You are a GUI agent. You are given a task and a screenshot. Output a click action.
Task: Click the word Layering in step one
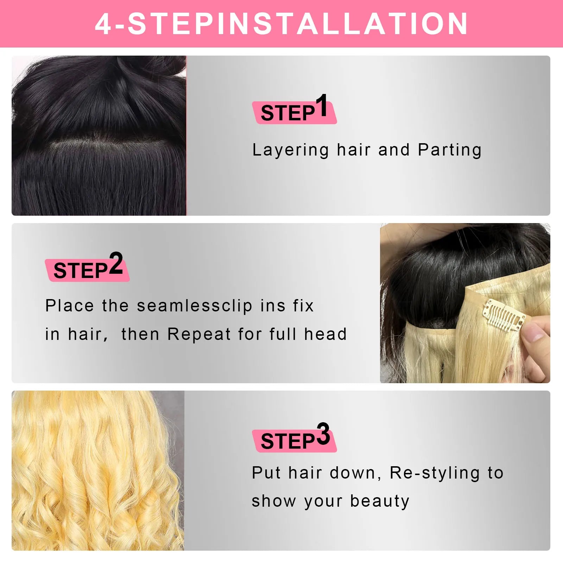coord(291,150)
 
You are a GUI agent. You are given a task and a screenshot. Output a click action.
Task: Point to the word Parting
coord(450,150)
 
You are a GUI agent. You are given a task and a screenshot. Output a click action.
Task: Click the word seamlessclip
coord(195,306)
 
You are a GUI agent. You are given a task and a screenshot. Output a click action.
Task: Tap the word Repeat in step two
coord(199,334)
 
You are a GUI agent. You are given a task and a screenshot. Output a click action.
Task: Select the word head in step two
coord(325,334)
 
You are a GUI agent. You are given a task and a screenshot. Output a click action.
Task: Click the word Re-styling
coord(435,473)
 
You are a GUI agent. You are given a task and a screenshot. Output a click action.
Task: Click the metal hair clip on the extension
coord(504,315)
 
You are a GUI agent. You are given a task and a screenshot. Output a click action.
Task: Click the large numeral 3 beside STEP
coord(323,434)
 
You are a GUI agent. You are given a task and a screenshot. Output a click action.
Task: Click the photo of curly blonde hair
coord(98,470)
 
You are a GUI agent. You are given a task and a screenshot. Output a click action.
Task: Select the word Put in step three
coord(266,473)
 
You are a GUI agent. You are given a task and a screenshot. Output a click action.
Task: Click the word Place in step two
coord(69,306)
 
